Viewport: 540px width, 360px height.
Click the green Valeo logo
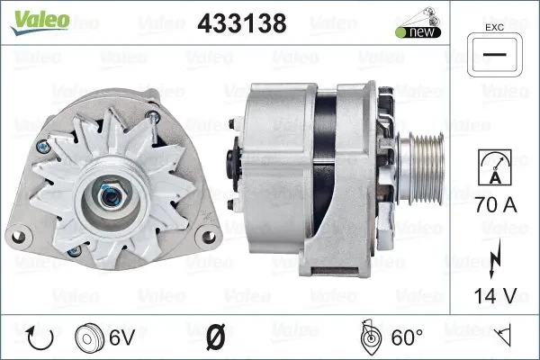click(x=40, y=22)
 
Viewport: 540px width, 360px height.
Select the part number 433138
click(x=242, y=23)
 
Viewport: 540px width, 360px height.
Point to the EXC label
click(x=494, y=28)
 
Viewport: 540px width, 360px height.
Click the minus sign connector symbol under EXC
click(x=494, y=55)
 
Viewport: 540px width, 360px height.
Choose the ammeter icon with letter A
click(x=495, y=167)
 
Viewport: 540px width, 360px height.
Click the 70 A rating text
click(x=496, y=205)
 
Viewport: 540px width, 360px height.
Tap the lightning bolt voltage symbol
click(x=495, y=258)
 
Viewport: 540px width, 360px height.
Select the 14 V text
click(x=496, y=296)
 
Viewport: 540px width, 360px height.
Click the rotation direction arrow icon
click(x=40, y=337)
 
